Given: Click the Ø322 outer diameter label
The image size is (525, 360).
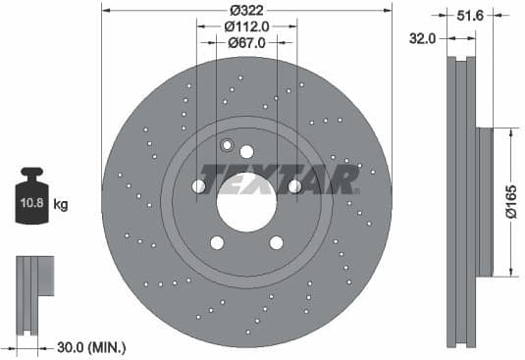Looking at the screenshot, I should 246,11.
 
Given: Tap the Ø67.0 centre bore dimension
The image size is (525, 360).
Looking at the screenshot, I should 246,43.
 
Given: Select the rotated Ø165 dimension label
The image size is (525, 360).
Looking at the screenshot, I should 511,202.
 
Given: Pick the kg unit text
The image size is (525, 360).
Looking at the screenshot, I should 61,205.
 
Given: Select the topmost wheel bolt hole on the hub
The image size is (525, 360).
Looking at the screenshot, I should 246,152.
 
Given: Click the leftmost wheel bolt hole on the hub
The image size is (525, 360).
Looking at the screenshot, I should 198,186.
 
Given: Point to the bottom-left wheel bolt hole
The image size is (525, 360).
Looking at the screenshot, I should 217,242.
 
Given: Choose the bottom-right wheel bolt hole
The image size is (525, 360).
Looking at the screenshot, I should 276,242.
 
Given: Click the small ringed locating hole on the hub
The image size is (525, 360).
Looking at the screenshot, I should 228,147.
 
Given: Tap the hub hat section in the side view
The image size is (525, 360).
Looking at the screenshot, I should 484,202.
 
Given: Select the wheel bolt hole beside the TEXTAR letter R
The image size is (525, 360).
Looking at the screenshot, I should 294,186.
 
